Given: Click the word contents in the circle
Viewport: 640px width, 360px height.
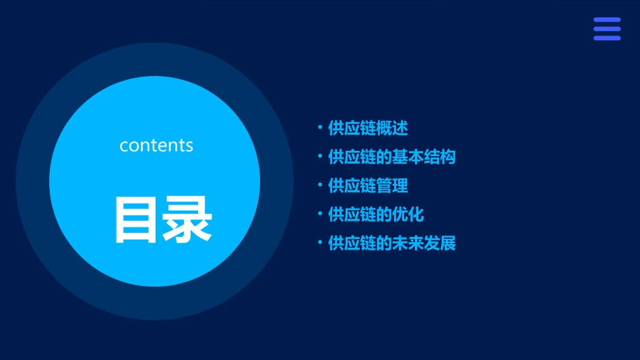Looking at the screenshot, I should pyautogui.click(x=156, y=145).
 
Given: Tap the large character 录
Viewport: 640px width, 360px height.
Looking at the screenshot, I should pyautogui.click(x=187, y=219).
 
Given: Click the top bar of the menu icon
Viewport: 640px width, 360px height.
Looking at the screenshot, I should pyautogui.click(x=607, y=20).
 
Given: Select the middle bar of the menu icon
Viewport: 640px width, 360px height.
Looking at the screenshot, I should pyautogui.click(x=607, y=29).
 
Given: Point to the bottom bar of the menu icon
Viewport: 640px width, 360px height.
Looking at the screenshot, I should pyautogui.click(x=607, y=38).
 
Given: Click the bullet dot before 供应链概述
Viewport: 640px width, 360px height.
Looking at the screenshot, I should pyautogui.click(x=320, y=127).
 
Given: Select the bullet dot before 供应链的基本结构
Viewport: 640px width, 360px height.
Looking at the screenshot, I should pyautogui.click(x=320, y=157).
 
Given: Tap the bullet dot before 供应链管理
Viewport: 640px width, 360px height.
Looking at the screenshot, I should pyautogui.click(x=320, y=184).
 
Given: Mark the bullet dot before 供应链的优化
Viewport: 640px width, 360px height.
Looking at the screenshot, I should pyautogui.click(x=320, y=214).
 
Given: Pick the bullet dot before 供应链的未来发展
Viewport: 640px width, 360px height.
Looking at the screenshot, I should pyautogui.click(x=320, y=243).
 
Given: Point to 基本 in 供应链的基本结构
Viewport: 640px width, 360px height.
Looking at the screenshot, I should pyautogui.click(x=408, y=157).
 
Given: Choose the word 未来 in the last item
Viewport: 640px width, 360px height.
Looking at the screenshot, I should pyautogui.click(x=408, y=243).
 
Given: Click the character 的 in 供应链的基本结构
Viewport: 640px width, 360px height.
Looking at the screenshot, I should pyautogui.click(x=384, y=157).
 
